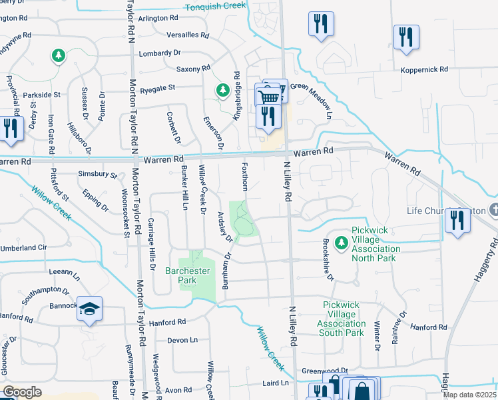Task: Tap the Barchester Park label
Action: [187, 275]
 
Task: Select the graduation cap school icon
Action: [89, 309]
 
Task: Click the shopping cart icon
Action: [268, 97]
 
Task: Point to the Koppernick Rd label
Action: [424, 69]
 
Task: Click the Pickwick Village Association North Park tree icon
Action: [342, 242]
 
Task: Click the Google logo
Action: [22, 392]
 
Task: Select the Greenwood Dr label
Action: [325, 371]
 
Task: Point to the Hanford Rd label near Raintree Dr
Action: [428, 327]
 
